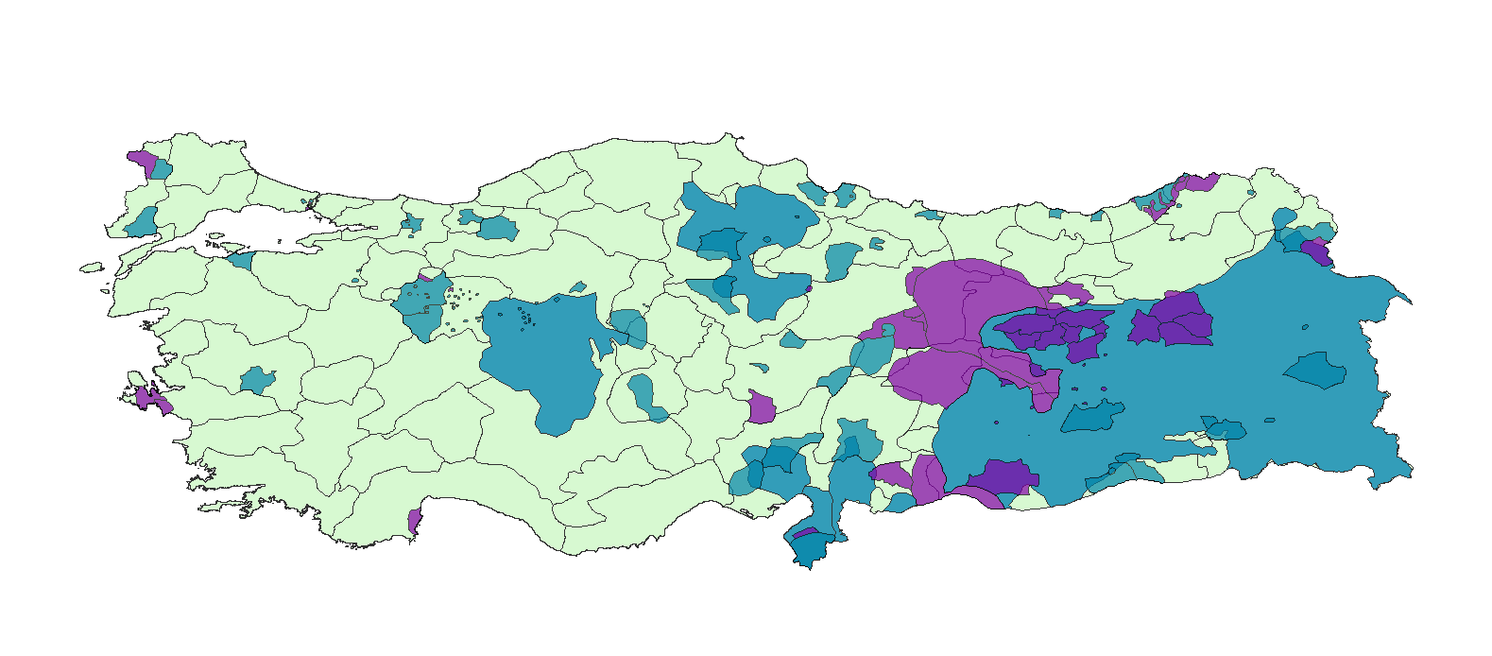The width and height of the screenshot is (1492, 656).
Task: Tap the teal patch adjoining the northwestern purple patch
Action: [161, 170]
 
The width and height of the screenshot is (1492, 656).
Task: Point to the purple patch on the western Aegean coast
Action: [149, 398]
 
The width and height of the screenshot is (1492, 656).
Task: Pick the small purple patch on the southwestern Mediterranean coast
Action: [414, 520]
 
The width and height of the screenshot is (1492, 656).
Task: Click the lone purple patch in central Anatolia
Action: [761, 408]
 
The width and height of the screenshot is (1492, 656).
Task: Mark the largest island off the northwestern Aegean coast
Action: [91, 268]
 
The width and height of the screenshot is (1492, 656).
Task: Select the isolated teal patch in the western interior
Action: [256, 380]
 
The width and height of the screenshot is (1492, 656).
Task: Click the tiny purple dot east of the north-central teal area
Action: [809, 288]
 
